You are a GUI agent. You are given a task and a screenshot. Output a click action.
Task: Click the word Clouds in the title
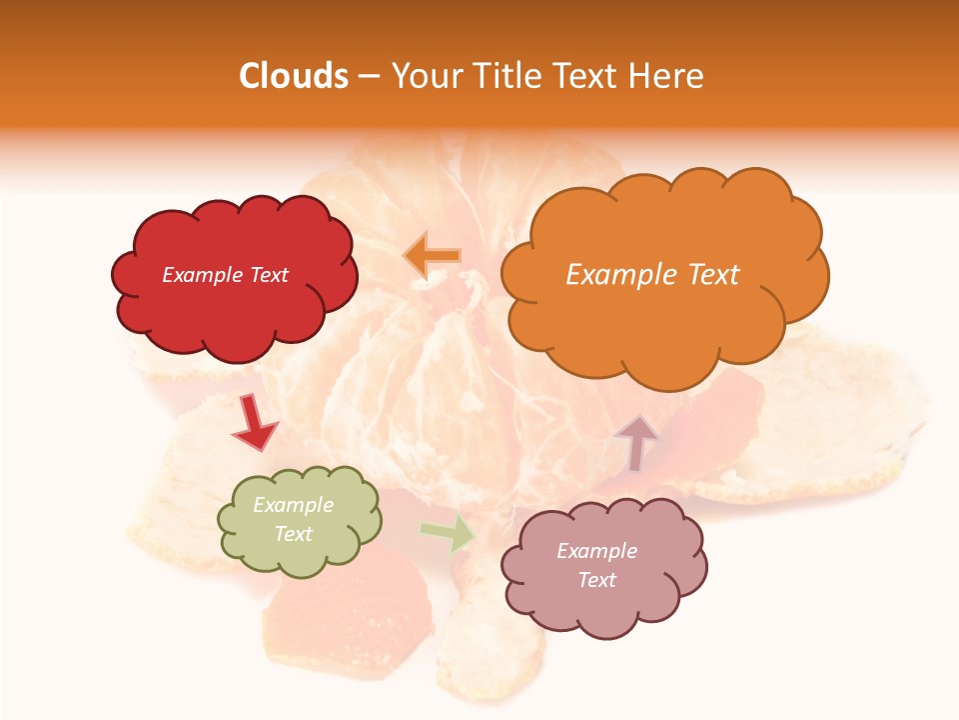coord(294,76)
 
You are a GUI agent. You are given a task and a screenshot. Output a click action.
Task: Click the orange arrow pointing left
coord(433,256)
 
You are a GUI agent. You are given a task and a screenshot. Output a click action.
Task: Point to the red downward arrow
coord(254,423)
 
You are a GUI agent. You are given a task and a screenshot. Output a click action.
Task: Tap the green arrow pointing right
coord(448,533)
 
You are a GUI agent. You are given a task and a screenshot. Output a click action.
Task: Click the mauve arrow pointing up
coord(636,443)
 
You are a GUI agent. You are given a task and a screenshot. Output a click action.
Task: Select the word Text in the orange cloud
coord(707,275)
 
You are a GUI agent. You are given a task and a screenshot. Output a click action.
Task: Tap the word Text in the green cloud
coord(293,534)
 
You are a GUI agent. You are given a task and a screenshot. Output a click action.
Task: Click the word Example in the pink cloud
coord(596,551)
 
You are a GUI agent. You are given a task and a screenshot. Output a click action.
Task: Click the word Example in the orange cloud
coord(621,275)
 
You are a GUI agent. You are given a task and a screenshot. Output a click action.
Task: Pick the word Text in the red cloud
coord(269,275)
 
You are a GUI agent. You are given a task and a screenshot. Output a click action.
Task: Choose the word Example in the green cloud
coord(293,505)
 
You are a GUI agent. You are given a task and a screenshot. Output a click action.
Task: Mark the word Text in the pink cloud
coord(596,580)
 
